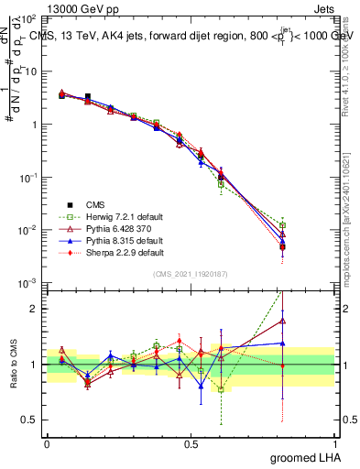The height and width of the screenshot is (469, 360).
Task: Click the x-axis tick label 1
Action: [334, 442]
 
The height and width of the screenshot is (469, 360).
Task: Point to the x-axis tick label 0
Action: [47, 442]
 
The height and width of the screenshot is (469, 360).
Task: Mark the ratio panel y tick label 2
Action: [35, 309]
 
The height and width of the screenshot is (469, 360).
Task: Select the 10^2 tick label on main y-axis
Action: [29, 19]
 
